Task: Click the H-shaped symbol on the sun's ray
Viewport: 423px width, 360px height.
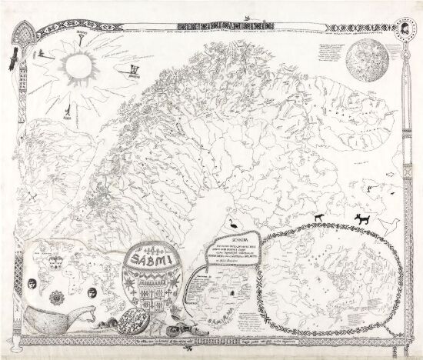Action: pos(126,75)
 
